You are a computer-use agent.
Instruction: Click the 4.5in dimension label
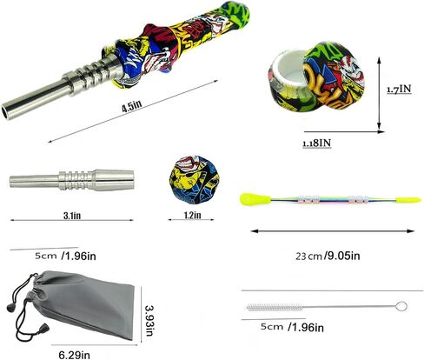[132, 105]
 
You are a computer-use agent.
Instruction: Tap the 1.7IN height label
[399, 89]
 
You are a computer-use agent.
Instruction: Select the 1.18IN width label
[316, 143]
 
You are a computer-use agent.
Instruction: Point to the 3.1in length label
[72, 216]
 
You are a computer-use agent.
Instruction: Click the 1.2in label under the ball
[192, 216]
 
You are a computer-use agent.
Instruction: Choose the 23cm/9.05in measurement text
[328, 256]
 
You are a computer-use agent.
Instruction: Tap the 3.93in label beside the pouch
[149, 321]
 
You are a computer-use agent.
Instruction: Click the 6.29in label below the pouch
[75, 355]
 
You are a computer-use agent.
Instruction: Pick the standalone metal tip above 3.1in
[72, 180]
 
